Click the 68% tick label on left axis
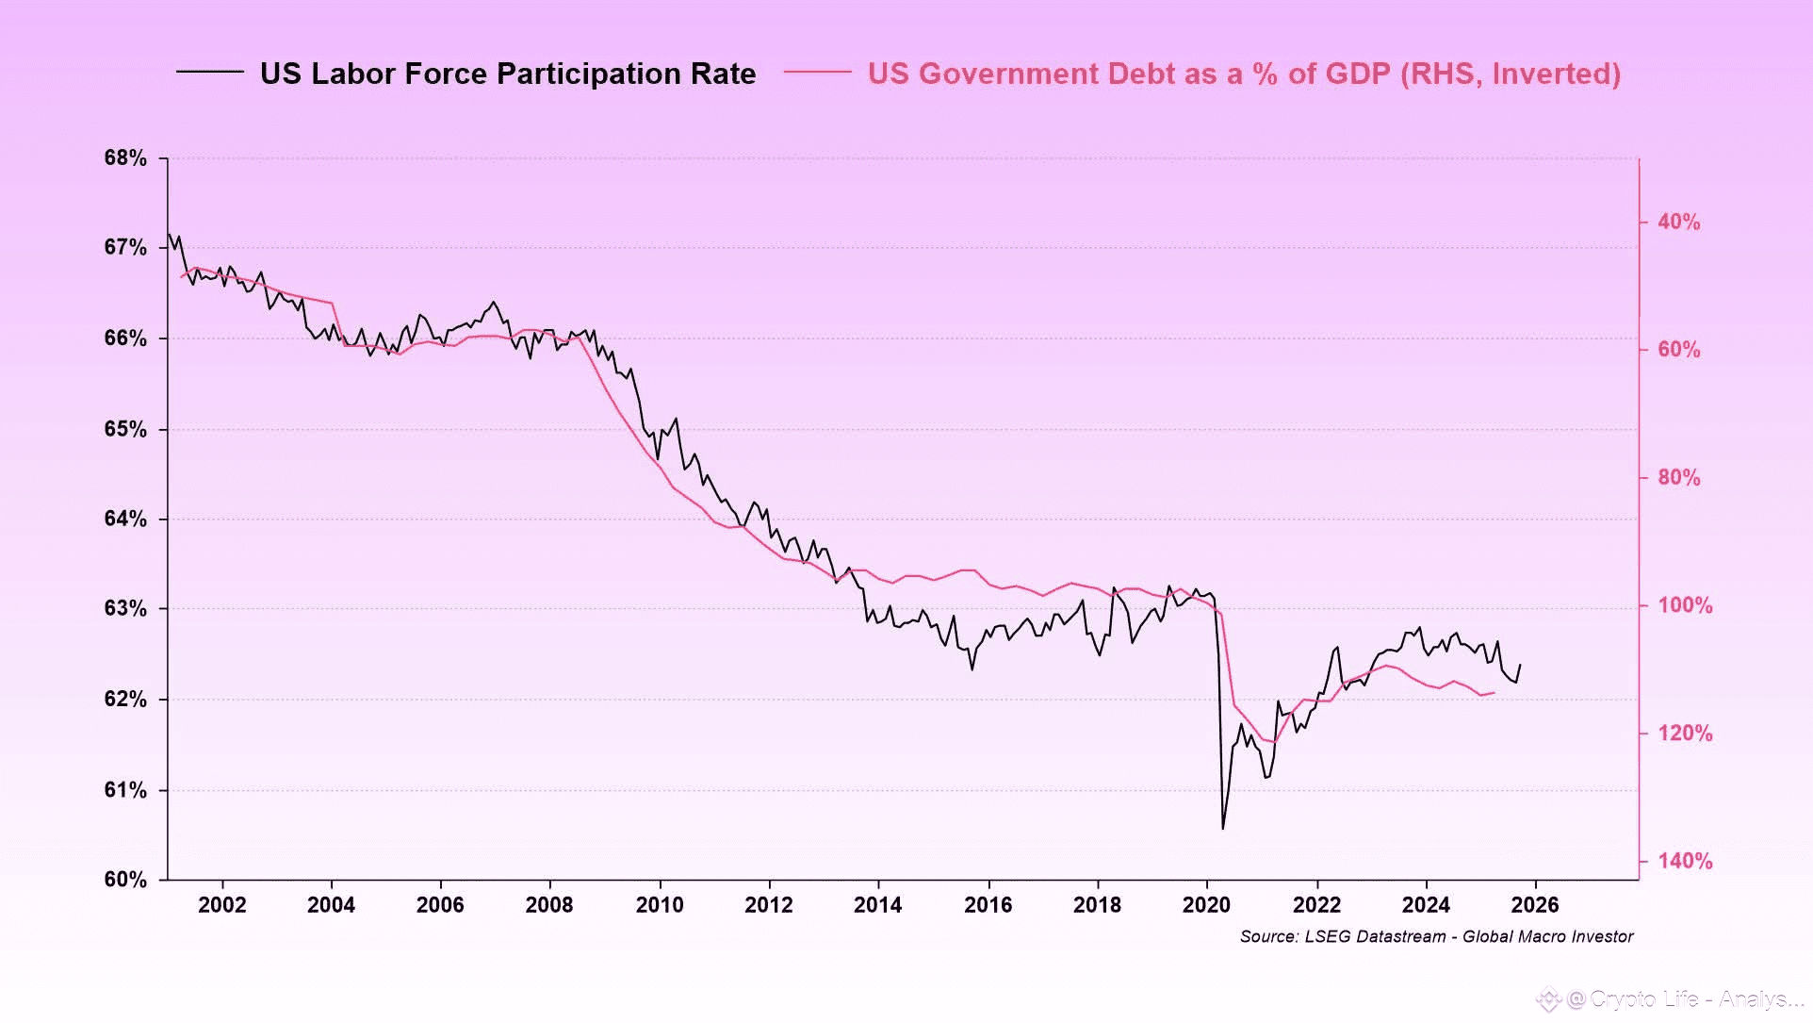click(125, 158)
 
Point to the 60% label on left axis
click(125, 880)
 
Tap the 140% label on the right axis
click(1685, 861)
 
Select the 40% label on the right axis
click(1679, 222)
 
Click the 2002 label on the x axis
click(222, 905)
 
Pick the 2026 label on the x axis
click(1535, 905)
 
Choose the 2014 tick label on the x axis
click(878, 905)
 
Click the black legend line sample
click(209, 73)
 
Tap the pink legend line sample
click(817, 73)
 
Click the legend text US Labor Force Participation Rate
click(508, 74)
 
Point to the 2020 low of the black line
click(1223, 829)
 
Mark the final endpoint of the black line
click(1520, 665)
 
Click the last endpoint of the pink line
click(1494, 693)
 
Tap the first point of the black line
click(169, 234)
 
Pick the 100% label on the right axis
click(1685, 605)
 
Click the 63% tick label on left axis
click(125, 608)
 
